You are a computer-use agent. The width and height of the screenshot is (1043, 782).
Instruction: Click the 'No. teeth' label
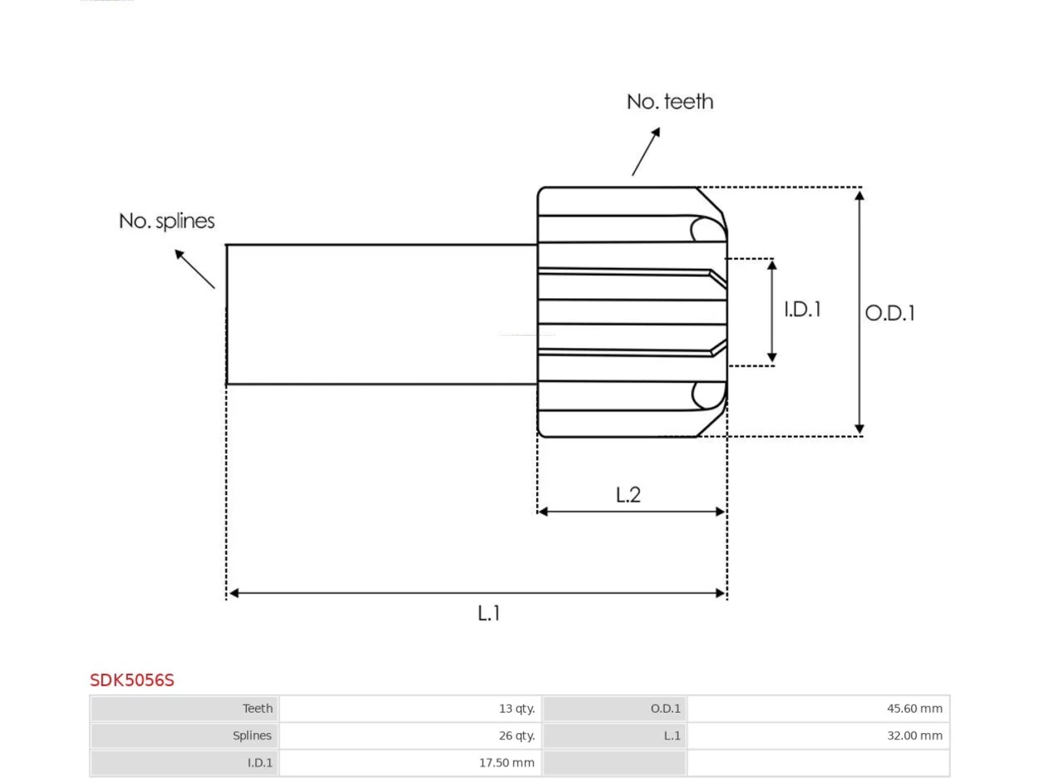(x=670, y=102)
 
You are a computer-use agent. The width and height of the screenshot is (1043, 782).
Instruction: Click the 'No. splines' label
(x=166, y=221)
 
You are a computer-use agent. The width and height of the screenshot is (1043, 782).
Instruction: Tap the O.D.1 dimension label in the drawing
(x=890, y=313)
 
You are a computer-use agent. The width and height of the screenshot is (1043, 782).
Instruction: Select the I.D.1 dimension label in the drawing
(x=802, y=310)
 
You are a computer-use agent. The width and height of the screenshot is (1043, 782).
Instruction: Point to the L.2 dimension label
(x=628, y=495)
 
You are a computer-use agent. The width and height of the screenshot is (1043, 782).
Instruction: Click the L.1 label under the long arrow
(x=488, y=613)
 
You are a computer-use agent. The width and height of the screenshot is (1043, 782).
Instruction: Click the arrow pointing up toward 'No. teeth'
(x=645, y=152)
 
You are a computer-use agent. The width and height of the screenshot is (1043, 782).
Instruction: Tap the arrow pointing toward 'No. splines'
(x=195, y=269)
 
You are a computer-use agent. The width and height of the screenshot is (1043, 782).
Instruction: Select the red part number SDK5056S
(x=132, y=680)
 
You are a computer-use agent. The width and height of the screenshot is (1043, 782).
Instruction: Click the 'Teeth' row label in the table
(x=257, y=709)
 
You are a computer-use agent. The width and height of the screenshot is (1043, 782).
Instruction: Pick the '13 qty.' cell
(x=517, y=709)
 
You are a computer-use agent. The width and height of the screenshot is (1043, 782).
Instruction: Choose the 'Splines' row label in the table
(x=252, y=736)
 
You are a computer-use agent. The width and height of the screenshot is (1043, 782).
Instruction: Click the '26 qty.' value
(x=517, y=736)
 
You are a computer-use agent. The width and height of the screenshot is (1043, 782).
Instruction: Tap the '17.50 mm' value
(x=507, y=762)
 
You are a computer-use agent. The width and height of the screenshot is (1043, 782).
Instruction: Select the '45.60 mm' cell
(x=914, y=709)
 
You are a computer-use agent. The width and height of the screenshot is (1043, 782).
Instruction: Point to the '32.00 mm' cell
(x=914, y=736)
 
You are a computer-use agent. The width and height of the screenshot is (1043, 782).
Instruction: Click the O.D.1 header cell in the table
(x=665, y=709)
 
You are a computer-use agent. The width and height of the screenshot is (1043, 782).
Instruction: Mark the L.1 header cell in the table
(x=672, y=736)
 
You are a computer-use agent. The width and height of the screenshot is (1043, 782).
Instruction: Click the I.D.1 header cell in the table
(x=260, y=762)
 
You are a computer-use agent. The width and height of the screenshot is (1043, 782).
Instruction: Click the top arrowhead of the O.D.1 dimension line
(x=859, y=195)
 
